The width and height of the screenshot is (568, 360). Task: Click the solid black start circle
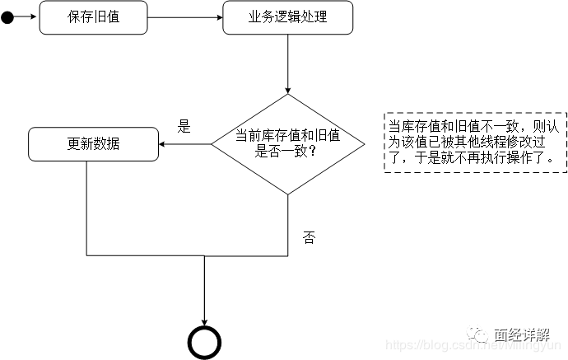click(x=7, y=16)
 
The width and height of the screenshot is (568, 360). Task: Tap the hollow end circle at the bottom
click(x=204, y=341)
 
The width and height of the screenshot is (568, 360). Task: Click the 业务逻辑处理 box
click(x=287, y=16)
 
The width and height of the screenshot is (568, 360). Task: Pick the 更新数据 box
click(x=93, y=143)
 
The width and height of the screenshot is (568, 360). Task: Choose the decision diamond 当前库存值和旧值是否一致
click(x=287, y=144)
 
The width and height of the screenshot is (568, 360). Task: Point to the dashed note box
click(x=475, y=143)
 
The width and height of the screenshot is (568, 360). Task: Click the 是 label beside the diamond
click(x=184, y=127)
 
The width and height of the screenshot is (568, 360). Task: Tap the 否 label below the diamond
click(x=309, y=238)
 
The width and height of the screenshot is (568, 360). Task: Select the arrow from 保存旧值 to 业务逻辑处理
click(x=184, y=16)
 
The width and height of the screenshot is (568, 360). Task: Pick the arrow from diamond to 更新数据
click(x=185, y=144)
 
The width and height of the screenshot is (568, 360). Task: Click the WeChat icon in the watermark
click(x=477, y=334)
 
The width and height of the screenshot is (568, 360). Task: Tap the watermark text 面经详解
click(x=521, y=335)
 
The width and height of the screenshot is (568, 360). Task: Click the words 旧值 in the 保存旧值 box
click(x=106, y=16)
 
